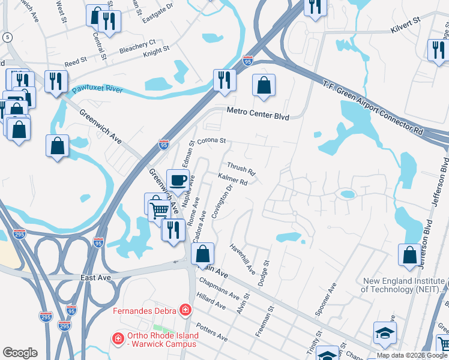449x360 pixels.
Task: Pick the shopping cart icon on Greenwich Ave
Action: tap(160, 211)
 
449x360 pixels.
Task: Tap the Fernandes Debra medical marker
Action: tap(185, 310)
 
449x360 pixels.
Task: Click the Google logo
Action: tap(20, 353)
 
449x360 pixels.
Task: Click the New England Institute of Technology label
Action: tap(403, 285)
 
